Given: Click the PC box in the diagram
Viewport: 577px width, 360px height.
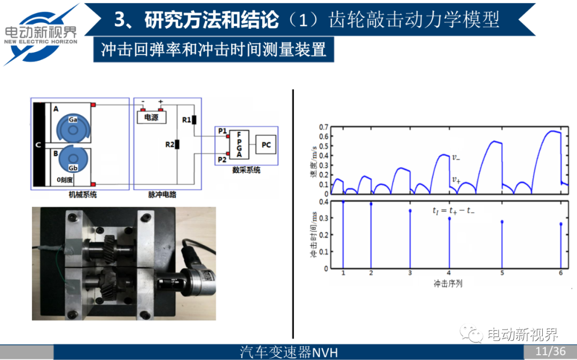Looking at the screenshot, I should coord(265,145).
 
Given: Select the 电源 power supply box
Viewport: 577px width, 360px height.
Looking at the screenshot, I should coord(152,117).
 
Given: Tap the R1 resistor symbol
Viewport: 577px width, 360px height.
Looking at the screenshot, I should coord(194,119).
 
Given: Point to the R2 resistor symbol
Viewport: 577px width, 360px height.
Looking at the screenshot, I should coord(177,144).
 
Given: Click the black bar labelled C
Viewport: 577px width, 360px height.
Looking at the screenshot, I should coord(39,145).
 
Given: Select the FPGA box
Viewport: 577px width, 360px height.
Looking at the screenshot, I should coord(239,144).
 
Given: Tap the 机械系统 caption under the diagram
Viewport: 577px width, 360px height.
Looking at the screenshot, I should coord(83,195).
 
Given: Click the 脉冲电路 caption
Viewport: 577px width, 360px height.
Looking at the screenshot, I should coord(162,195).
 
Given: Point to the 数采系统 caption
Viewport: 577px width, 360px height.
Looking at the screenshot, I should coord(246,170).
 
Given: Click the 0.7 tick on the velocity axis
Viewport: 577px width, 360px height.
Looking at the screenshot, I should coord(322,127).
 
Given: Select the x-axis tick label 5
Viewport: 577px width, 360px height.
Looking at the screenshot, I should coord(502,273).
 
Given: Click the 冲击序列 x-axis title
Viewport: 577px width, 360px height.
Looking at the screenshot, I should coord(448,284).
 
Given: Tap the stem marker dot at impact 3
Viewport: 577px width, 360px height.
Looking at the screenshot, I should coord(410,211).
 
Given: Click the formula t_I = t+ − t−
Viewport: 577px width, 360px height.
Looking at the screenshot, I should coord(453,211).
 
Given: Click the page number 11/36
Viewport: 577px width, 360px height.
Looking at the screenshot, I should coord(550,351).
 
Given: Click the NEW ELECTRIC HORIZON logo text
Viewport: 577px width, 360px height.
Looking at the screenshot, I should coord(41,41).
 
